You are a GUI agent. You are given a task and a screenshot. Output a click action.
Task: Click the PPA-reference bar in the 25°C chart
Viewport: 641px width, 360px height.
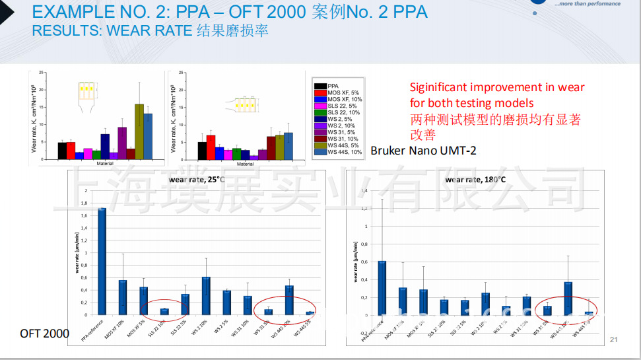(x=102, y=261)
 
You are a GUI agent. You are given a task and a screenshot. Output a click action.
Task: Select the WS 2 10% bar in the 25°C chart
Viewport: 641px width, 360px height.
(x=206, y=295)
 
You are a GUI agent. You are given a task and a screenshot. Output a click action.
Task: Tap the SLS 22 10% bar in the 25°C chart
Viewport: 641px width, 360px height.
(x=164, y=311)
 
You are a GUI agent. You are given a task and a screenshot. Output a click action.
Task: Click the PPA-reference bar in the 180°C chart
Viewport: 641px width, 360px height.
(x=382, y=288)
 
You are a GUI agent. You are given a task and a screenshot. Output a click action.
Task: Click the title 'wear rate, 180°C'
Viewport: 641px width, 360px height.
(x=475, y=179)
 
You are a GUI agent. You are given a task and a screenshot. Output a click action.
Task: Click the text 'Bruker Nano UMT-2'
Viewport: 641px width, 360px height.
(x=423, y=151)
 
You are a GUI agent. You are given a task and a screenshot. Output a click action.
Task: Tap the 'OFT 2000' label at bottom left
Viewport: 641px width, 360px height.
(x=44, y=334)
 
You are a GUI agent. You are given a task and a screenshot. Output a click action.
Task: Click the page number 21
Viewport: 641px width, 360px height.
(x=613, y=340)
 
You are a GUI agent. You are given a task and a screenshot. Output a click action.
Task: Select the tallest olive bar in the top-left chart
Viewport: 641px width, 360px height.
(x=139, y=131)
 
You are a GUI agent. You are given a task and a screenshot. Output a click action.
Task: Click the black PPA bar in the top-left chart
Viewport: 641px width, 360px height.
(x=62, y=151)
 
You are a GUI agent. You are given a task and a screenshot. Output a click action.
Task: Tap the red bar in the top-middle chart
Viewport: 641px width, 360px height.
(x=211, y=147)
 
